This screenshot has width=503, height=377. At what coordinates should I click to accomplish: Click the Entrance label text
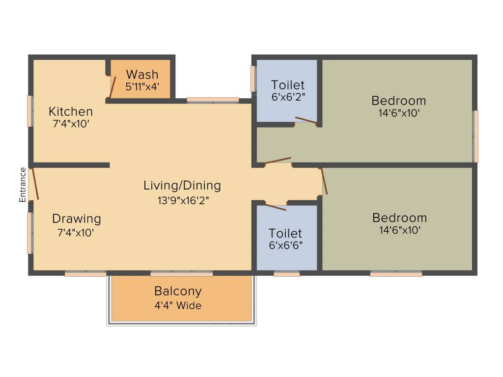click(x=23, y=185)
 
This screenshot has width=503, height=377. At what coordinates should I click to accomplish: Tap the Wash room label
click(x=142, y=75)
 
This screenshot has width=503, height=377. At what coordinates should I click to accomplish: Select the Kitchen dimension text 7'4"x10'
click(x=71, y=124)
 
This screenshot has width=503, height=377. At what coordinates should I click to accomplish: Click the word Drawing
click(x=77, y=219)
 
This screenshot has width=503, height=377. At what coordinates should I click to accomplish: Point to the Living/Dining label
click(x=182, y=186)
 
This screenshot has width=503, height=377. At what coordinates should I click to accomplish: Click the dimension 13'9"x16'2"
click(x=183, y=200)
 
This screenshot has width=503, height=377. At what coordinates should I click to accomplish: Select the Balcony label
click(x=178, y=291)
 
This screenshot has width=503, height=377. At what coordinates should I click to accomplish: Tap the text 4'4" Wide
click(x=178, y=305)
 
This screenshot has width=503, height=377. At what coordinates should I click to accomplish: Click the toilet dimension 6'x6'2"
click(x=288, y=97)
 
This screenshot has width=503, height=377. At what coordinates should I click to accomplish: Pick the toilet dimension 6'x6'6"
click(x=286, y=245)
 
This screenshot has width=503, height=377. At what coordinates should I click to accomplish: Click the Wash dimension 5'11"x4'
click(x=142, y=86)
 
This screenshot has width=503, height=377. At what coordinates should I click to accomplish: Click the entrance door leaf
click(x=34, y=184)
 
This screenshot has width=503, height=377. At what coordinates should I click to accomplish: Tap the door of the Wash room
click(x=112, y=88)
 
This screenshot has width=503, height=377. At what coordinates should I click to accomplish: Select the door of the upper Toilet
click(x=306, y=120)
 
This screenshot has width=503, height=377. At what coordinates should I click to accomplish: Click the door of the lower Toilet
click(x=276, y=207)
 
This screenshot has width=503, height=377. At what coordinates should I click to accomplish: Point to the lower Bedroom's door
click(x=324, y=181)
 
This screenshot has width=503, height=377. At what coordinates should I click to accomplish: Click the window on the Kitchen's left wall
click(x=30, y=111)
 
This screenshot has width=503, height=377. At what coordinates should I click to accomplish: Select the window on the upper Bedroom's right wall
click(x=475, y=136)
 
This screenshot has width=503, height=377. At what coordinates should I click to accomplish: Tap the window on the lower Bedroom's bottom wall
click(x=396, y=274)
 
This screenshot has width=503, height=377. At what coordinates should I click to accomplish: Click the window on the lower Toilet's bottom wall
click(x=287, y=274)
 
